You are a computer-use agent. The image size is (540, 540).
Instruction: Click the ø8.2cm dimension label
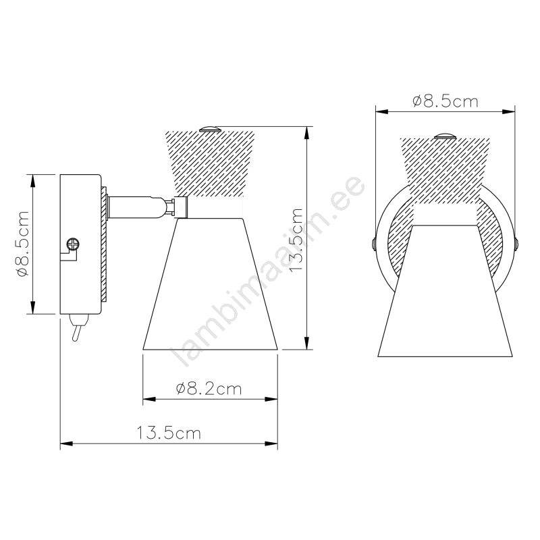point(209,389)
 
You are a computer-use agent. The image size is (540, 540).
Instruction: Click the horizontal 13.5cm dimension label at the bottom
point(169,433)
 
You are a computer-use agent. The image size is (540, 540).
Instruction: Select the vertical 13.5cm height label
point(296,240)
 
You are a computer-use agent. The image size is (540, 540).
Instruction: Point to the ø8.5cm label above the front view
point(446,102)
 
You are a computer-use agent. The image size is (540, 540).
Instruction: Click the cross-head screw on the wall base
point(73,244)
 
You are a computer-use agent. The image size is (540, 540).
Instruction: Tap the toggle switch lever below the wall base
point(76,328)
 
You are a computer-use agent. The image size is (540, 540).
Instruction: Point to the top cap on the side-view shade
point(210,129)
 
